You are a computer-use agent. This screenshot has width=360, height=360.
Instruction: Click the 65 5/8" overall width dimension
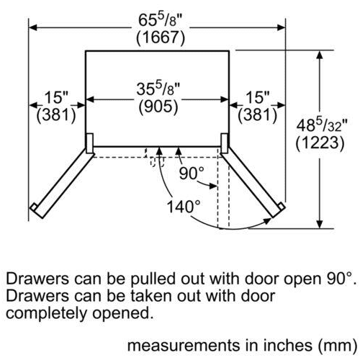(161, 20)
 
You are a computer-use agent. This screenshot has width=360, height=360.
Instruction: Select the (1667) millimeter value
(161, 38)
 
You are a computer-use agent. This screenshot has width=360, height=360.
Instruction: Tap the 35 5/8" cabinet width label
(158, 89)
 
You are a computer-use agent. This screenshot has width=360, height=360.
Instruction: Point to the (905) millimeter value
(158, 107)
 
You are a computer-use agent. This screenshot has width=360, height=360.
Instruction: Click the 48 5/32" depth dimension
(322, 125)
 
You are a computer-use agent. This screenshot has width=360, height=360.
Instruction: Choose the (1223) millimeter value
(320, 143)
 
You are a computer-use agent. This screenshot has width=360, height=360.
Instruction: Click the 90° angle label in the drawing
(192, 174)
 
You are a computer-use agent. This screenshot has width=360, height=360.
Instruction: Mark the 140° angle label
(184, 207)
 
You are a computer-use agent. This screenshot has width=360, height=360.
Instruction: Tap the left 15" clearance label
(57, 97)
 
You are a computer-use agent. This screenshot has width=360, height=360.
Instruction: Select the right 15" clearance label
(258, 97)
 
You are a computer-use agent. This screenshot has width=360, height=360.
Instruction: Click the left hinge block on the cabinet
(89, 143)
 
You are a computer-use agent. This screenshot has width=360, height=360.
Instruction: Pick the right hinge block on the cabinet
(225, 143)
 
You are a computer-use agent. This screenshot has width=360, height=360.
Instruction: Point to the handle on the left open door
(34, 207)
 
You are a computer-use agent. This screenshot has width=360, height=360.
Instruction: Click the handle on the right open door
(281, 207)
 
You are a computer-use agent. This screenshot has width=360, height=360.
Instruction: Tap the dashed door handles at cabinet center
(158, 162)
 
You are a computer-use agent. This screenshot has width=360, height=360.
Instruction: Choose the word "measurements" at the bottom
(184, 346)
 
